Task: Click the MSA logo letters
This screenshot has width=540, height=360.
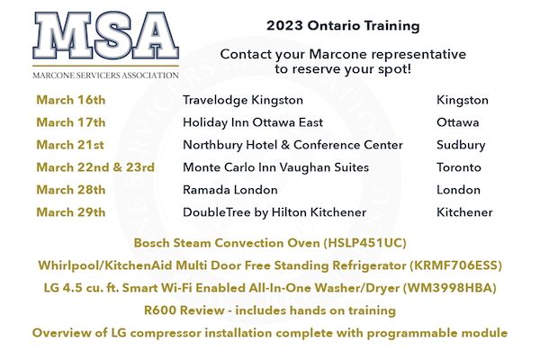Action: (105, 35)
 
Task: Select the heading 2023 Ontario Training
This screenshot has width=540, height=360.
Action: (343, 26)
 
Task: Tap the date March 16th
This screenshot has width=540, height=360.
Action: (71, 100)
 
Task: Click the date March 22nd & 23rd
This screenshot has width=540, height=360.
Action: (95, 167)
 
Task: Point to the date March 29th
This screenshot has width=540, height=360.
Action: (71, 212)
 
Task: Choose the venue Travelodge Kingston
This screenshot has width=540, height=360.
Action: (243, 100)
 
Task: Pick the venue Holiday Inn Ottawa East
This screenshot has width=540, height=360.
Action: (253, 123)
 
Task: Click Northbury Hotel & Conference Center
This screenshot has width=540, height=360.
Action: (292, 145)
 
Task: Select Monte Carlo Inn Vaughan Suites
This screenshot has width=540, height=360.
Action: (276, 167)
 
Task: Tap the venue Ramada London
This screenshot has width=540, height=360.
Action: (230, 190)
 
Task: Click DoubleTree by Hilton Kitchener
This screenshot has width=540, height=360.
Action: (274, 212)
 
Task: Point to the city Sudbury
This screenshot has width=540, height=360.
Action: (461, 145)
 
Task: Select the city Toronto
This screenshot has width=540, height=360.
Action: (459, 167)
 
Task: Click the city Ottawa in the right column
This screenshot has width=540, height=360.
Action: (458, 122)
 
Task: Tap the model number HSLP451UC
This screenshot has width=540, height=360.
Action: (365, 243)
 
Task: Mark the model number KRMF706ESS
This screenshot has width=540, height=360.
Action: (455, 265)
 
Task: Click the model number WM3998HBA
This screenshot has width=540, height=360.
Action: (450, 288)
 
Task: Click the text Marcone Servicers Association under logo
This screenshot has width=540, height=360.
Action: (105, 76)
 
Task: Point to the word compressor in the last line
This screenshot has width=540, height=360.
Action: (166, 334)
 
